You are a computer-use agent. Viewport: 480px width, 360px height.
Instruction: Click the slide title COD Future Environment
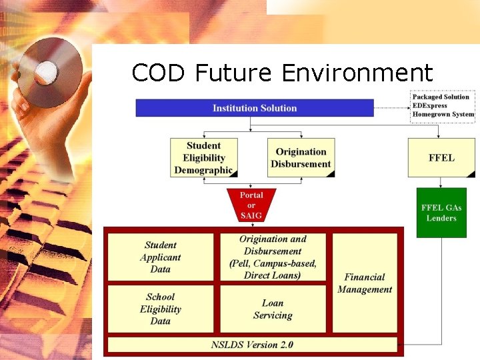click(x=282, y=72)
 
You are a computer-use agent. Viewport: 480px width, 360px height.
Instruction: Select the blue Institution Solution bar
click(x=255, y=108)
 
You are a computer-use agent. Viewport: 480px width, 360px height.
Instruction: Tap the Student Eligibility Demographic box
click(x=203, y=158)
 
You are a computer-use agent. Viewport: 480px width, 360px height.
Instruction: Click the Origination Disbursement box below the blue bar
click(x=301, y=158)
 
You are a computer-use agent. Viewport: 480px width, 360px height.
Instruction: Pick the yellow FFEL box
click(x=441, y=158)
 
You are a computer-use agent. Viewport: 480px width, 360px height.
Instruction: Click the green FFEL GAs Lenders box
click(x=441, y=213)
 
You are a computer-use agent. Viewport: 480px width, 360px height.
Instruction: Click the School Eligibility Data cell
click(x=161, y=309)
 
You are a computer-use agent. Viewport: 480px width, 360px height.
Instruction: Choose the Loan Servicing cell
click(x=273, y=309)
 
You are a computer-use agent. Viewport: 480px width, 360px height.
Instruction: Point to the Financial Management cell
click(x=365, y=283)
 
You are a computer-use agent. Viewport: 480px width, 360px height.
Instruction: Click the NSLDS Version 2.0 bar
click(x=252, y=345)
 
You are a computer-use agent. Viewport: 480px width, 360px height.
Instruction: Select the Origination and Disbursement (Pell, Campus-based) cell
click(x=273, y=257)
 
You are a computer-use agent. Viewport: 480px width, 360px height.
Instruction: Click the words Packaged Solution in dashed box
click(x=441, y=97)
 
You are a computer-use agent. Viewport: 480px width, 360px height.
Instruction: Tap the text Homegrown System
click(x=443, y=115)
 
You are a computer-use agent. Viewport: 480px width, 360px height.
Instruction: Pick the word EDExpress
click(x=430, y=106)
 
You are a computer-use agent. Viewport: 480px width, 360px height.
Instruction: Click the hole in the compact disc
click(x=47, y=71)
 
